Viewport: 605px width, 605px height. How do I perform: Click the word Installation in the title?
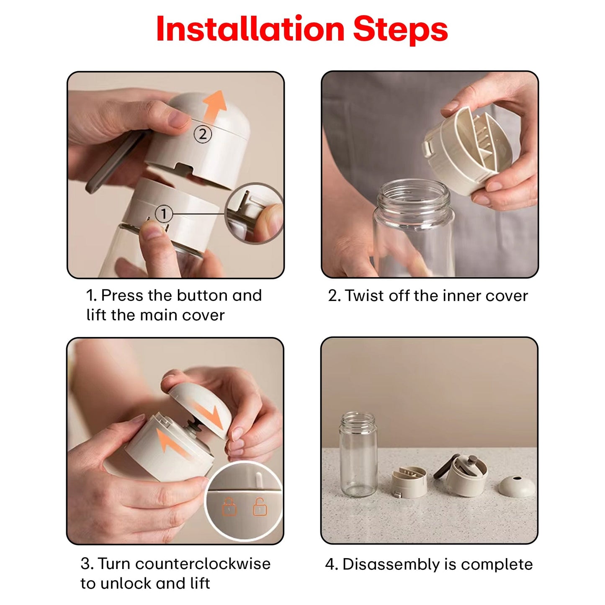tap(250, 29)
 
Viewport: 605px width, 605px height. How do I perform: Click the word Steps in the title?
tap(400, 31)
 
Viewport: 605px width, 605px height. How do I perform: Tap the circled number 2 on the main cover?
tap(203, 134)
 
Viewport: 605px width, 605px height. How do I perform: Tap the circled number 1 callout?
tap(164, 214)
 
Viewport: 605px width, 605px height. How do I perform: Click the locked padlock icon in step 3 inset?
tap(229, 507)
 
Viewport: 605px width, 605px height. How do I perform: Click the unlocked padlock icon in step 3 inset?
tap(260, 507)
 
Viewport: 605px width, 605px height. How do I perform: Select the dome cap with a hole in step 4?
tap(517, 487)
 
